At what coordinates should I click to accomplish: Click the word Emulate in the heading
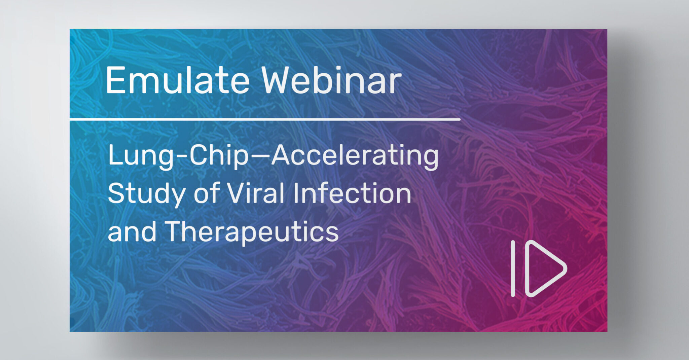tap(177, 81)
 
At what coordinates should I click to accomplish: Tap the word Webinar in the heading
tap(331, 81)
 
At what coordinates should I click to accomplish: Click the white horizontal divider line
tap(265, 119)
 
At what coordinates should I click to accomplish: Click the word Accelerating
tap(355, 156)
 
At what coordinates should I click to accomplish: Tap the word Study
tap(147, 194)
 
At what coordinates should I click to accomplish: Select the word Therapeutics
tap(251, 232)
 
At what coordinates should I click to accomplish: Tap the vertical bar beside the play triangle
tap(513, 268)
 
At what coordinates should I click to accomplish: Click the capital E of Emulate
tap(115, 81)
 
